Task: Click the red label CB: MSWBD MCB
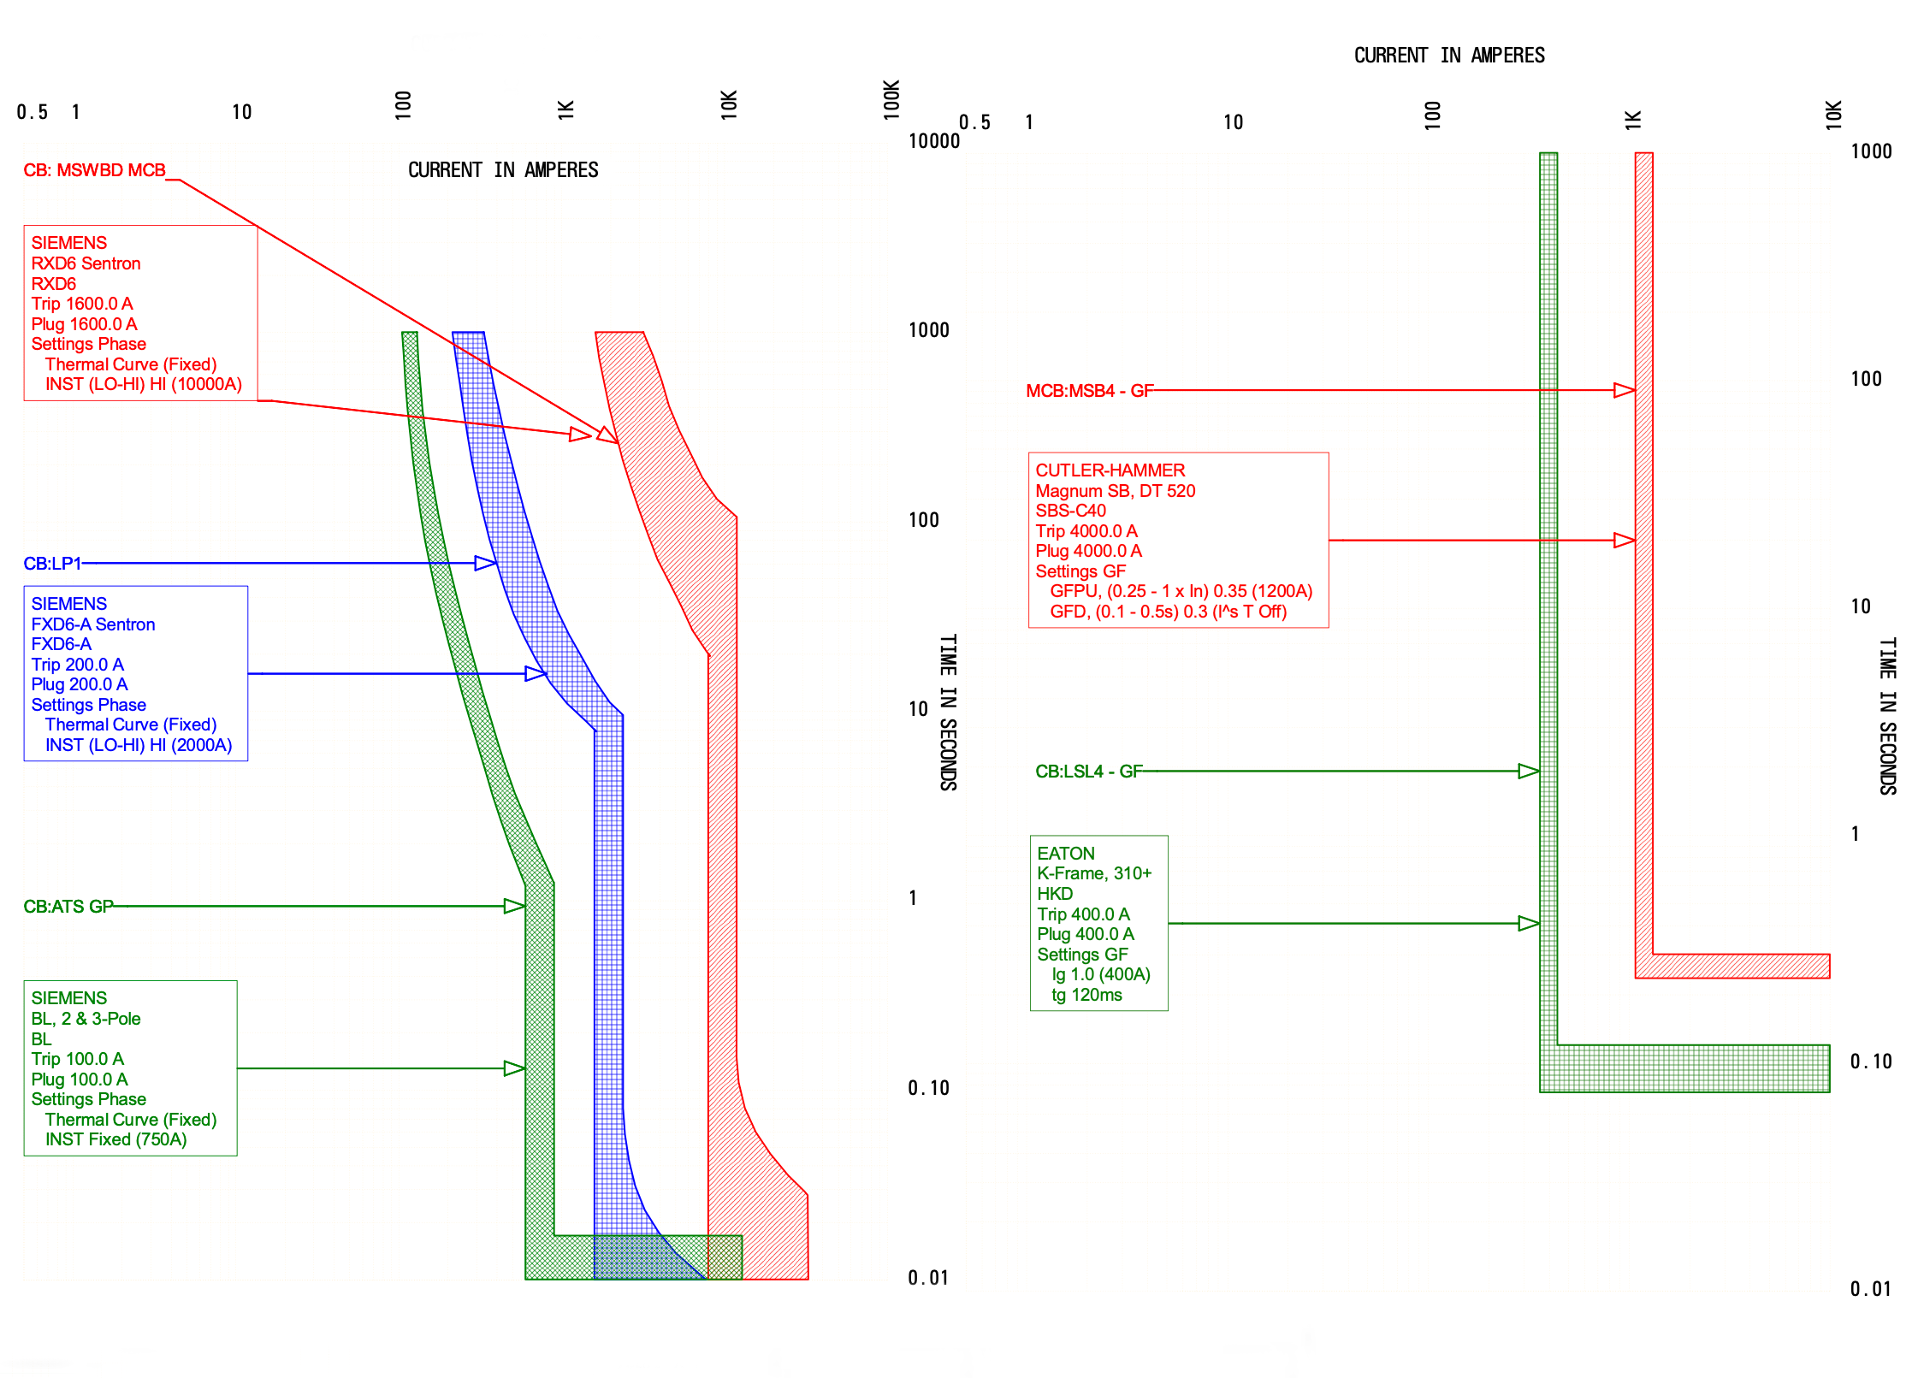click(x=94, y=170)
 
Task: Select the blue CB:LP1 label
click(x=52, y=564)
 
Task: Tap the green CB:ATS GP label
click(x=68, y=907)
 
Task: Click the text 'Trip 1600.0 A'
click(x=82, y=304)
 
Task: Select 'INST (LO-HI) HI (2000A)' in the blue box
click(x=139, y=745)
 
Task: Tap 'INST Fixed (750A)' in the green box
click(x=115, y=1139)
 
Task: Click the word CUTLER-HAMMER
click(x=1110, y=470)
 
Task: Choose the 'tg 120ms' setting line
click(x=1086, y=995)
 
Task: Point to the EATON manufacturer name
click(x=1066, y=854)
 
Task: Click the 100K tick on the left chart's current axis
click(x=891, y=99)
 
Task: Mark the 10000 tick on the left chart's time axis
click(x=934, y=141)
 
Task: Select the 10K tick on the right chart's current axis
click(x=1833, y=115)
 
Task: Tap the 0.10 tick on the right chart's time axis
click(x=1871, y=1062)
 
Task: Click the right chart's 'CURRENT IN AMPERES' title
click(x=1449, y=56)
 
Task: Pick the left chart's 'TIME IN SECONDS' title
click(x=948, y=712)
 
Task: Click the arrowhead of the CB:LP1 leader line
click(x=486, y=564)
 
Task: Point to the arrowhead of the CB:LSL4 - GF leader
click(x=1529, y=772)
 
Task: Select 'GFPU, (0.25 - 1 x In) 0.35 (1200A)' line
click(x=1181, y=591)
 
